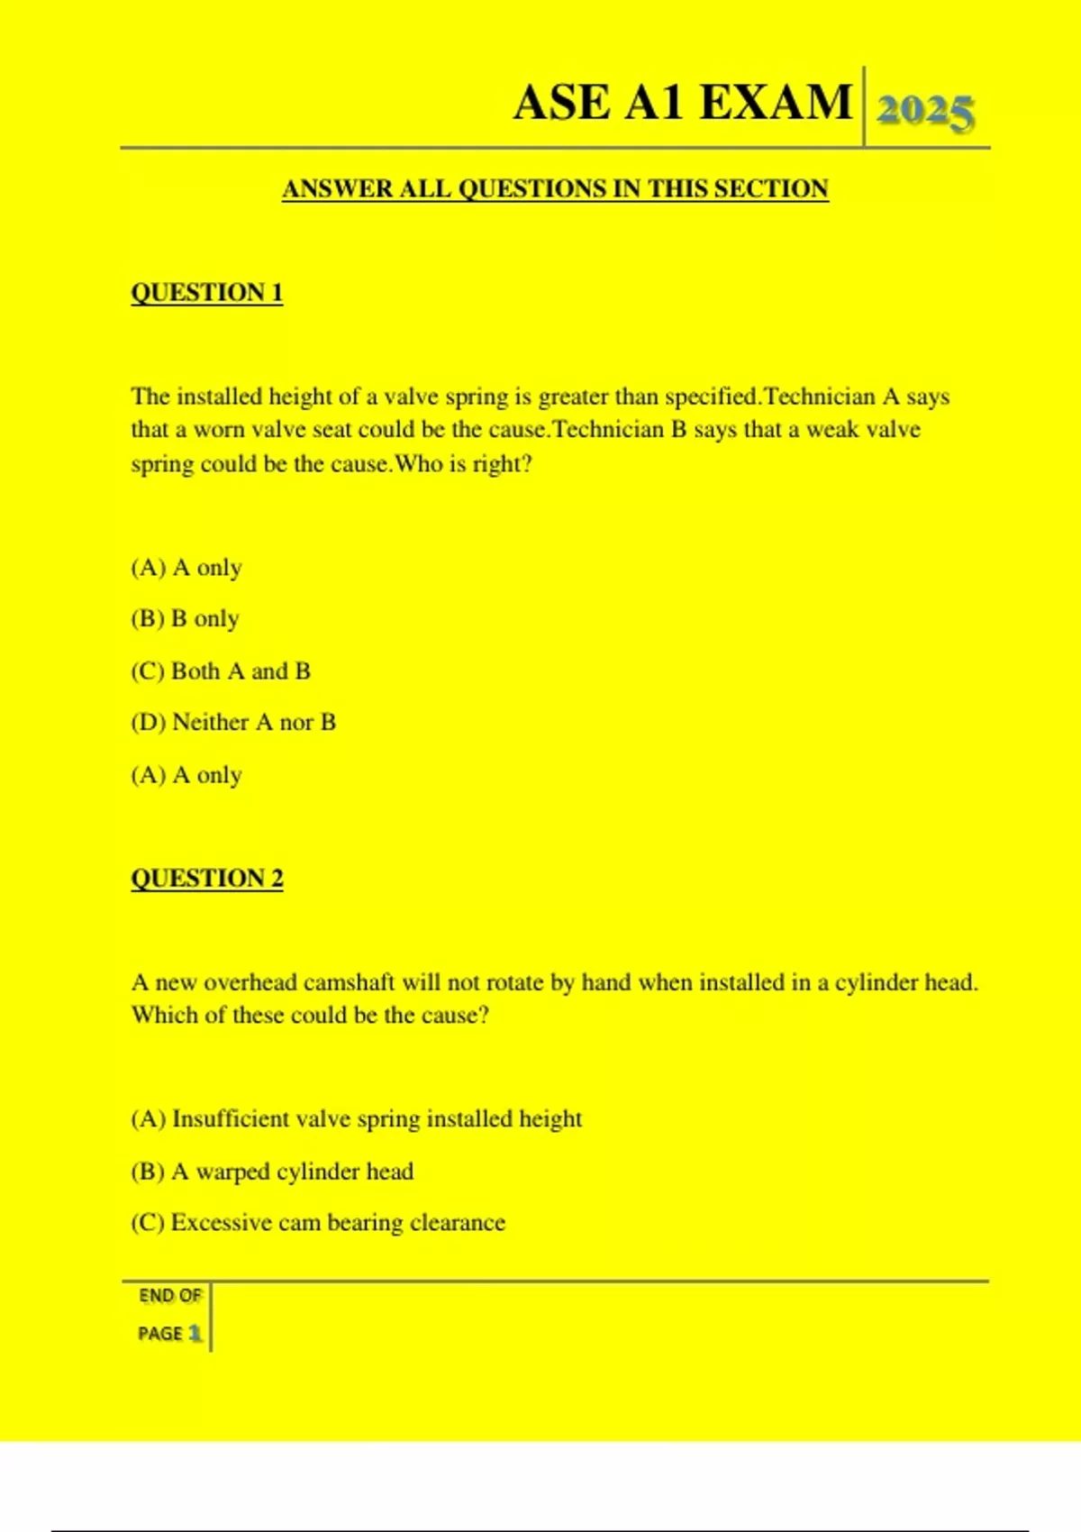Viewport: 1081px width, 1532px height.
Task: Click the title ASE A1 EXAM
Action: point(682,103)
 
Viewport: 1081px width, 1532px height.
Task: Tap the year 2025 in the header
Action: point(925,112)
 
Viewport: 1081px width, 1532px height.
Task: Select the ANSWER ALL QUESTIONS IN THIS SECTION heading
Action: point(555,189)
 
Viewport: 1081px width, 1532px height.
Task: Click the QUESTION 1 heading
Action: point(206,293)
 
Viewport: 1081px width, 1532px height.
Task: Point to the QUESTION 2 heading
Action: point(206,879)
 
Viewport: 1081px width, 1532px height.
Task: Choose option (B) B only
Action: point(185,619)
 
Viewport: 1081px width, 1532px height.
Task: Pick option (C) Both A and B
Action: point(221,671)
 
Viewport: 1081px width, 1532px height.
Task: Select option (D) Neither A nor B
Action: point(233,723)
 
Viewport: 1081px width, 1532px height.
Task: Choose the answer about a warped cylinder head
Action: point(272,1172)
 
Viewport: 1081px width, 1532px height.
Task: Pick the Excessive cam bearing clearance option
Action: point(318,1223)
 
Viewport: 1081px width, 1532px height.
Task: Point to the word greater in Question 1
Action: point(573,397)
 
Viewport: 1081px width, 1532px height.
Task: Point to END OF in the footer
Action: point(169,1296)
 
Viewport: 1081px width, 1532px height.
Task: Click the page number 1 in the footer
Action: point(195,1334)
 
